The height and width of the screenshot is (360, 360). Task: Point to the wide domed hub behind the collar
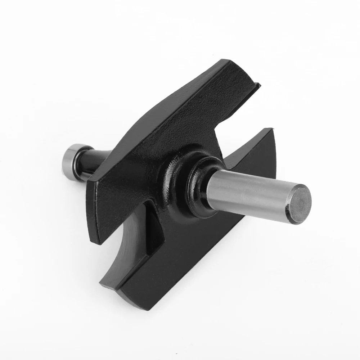(176, 180)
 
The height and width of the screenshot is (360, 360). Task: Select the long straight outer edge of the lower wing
(202, 263)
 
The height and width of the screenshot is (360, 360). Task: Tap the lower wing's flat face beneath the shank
(216, 234)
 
